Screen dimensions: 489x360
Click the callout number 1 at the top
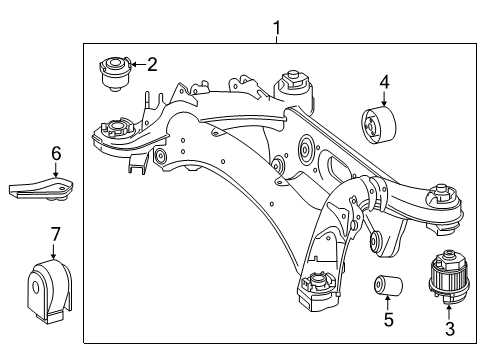(277, 28)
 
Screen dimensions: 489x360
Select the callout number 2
(152, 64)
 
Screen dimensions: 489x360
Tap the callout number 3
(450, 328)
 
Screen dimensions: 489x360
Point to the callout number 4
(384, 82)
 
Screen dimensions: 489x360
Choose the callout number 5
(388, 319)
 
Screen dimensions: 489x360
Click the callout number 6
(56, 154)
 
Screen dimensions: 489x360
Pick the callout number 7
(55, 234)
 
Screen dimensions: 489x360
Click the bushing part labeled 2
(115, 74)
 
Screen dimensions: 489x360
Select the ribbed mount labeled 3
(449, 277)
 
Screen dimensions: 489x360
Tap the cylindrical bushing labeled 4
(379, 125)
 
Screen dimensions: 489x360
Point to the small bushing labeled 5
(388, 285)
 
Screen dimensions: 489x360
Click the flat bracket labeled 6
(41, 189)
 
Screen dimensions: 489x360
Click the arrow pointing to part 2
(138, 64)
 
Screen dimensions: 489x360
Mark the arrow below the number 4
(384, 99)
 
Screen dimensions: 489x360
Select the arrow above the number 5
(388, 303)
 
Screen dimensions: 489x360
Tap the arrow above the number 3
(449, 313)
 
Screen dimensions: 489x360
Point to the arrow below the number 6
(56, 170)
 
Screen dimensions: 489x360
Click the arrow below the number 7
(53, 251)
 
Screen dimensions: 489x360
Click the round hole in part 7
(35, 288)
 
